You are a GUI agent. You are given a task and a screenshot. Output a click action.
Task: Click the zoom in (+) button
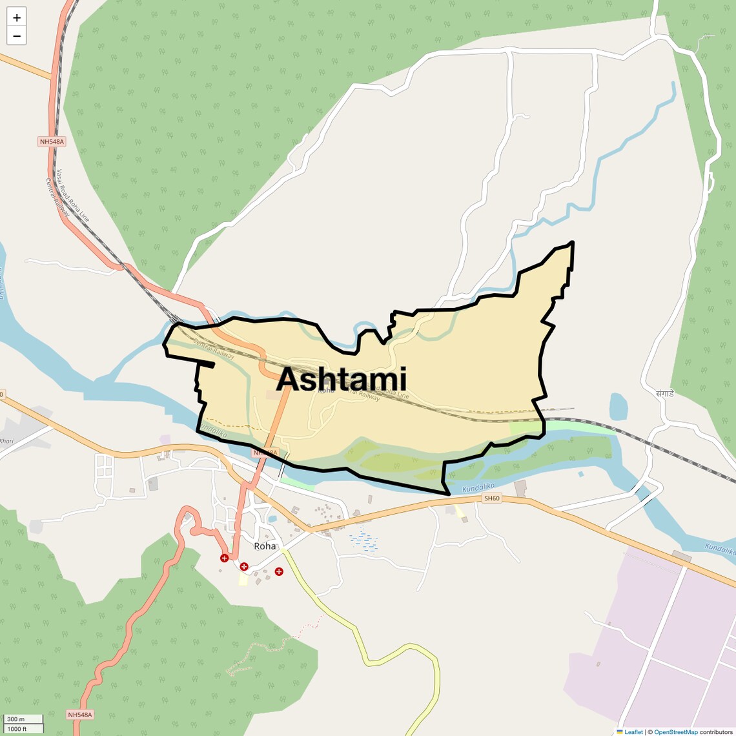pos(17,17)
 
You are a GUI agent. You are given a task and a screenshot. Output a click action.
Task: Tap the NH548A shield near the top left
pos(52,141)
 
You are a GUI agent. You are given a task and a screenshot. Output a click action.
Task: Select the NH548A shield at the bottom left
pos(81,715)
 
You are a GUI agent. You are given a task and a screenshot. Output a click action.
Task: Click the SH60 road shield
pos(491,498)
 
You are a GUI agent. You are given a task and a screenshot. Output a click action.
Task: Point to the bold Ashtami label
pos(342,379)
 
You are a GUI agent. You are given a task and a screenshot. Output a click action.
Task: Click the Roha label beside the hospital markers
pos(265,546)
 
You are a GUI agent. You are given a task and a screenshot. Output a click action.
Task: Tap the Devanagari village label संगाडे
pos(664,393)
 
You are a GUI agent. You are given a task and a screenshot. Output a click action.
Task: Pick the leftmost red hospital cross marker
pos(225,558)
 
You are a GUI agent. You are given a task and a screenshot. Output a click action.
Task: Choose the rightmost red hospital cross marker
pos(279,571)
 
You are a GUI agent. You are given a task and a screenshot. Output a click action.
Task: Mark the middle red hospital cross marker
pos(244,567)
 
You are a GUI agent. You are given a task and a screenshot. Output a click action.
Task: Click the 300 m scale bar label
pos(16,719)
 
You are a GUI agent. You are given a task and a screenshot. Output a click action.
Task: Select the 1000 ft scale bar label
pos(17,729)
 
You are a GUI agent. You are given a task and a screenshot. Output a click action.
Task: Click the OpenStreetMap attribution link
pos(675,732)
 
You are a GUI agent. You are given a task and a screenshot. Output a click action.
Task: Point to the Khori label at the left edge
pos(6,442)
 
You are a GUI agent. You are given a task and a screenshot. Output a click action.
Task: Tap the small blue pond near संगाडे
pos(618,407)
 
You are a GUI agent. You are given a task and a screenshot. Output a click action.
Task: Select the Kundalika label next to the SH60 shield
pos(478,487)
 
